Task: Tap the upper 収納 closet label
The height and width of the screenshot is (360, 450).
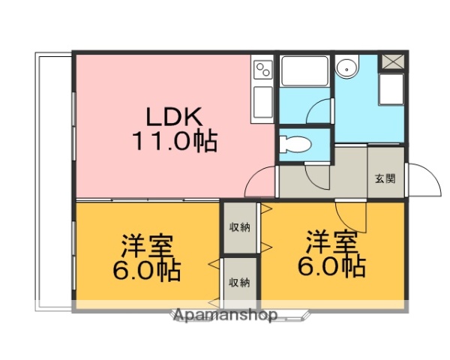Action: [240, 227]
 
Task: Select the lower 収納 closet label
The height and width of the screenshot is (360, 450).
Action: [239, 282]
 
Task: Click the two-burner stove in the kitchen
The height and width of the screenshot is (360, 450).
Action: [263, 72]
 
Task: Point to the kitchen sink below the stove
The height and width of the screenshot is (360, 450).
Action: [263, 103]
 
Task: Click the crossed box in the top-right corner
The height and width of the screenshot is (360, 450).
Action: [392, 62]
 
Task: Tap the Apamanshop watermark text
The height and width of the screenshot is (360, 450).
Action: [225, 315]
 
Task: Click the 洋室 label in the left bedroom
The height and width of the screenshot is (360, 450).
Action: [148, 245]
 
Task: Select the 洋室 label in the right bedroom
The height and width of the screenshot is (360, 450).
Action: [331, 242]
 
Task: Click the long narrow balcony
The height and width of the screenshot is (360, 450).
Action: [53, 180]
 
